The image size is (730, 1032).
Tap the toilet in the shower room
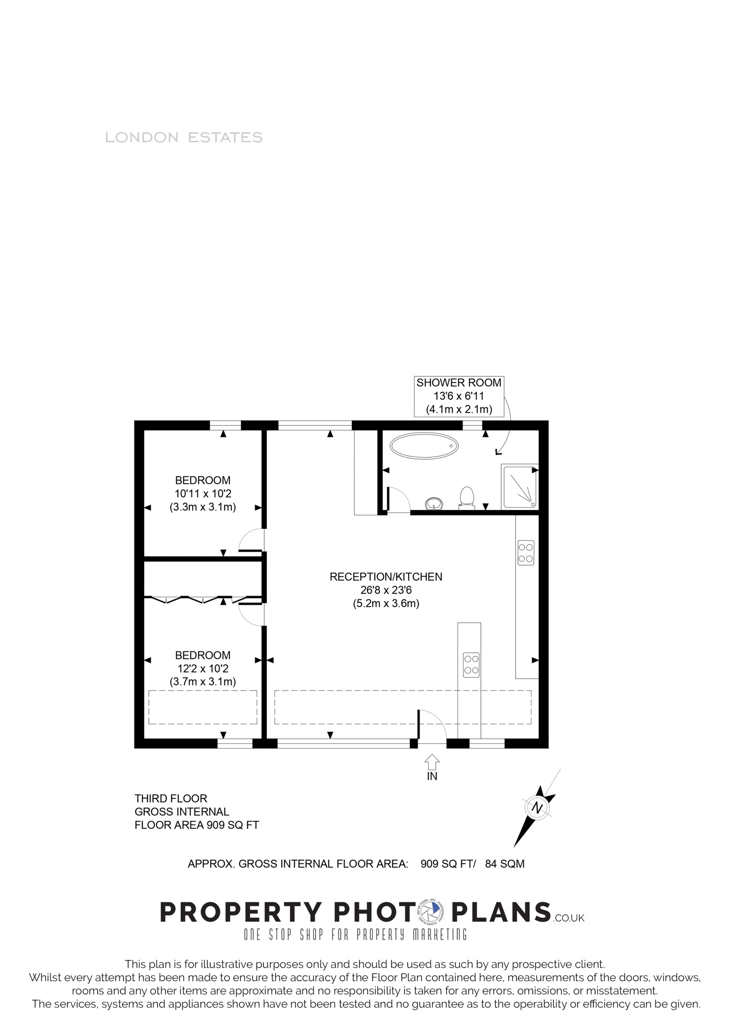tap(467, 497)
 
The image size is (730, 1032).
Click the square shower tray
tap(520, 487)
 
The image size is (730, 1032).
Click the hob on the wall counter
tap(526, 553)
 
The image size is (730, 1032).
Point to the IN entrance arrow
tap(432, 763)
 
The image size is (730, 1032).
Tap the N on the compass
tap(536, 808)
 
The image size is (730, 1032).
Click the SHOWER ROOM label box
tap(459, 396)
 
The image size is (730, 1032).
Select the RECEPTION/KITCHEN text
tap(386, 577)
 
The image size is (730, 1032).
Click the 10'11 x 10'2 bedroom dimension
tap(203, 493)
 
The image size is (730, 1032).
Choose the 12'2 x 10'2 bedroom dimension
tap(203, 669)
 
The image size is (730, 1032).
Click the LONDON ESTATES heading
tap(183, 138)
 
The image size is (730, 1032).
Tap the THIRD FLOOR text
tap(171, 799)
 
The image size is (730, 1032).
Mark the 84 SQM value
tap(505, 864)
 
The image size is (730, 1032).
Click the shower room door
tap(398, 500)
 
